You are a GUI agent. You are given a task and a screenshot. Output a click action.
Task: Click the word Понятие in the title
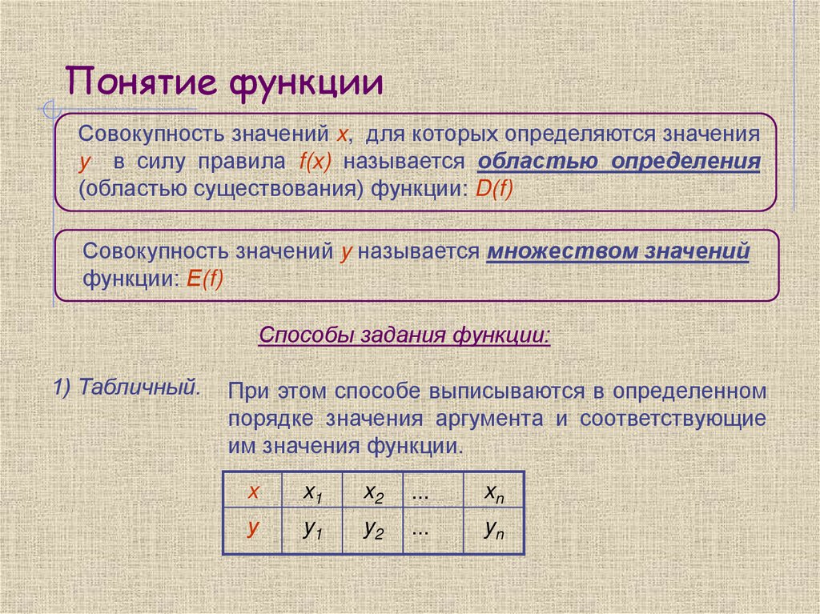coord(142,83)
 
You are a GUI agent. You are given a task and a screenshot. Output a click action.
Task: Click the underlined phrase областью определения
coord(618,161)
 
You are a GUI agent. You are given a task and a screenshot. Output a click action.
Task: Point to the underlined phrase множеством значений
coord(617,251)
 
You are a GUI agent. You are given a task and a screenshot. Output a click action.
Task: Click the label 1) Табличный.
coord(127,387)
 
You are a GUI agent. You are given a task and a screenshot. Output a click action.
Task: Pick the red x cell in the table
coord(252,492)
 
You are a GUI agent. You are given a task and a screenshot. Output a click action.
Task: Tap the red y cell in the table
coord(252,528)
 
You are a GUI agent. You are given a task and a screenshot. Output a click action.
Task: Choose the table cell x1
coord(312,493)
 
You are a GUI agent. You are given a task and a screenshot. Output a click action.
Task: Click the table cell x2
coord(373,493)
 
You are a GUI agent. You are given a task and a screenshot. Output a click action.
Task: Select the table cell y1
coord(312,529)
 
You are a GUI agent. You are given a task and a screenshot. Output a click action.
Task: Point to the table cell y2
coord(373,529)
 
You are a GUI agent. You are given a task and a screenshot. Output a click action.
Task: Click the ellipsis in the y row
coord(420,529)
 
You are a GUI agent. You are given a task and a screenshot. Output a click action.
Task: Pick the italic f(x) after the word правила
coord(315,161)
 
